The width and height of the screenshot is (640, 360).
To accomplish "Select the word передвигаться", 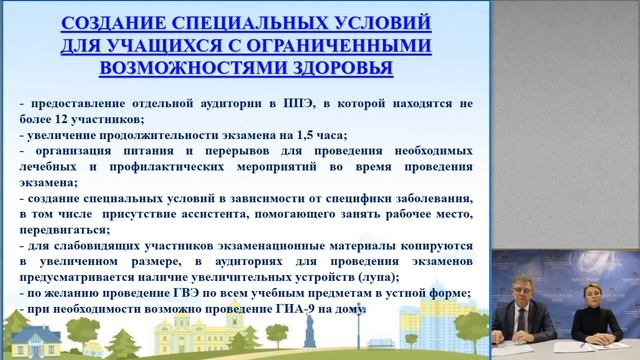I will tap(61, 227).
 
